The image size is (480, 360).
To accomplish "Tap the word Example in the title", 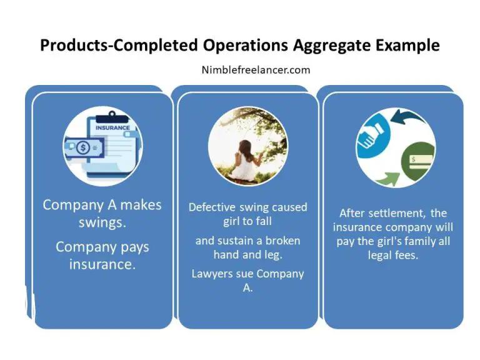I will tap(411, 46).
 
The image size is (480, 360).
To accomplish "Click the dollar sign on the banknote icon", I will tap(82, 149).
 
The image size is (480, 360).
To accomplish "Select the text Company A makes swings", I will tap(102, 213).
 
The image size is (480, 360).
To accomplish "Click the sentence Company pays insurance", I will tap(102, 255).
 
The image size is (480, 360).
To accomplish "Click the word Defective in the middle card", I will tap(213, 207).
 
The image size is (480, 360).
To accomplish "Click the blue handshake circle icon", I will tap(374, 132).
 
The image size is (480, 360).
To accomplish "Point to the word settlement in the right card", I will tap(396, 213).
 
